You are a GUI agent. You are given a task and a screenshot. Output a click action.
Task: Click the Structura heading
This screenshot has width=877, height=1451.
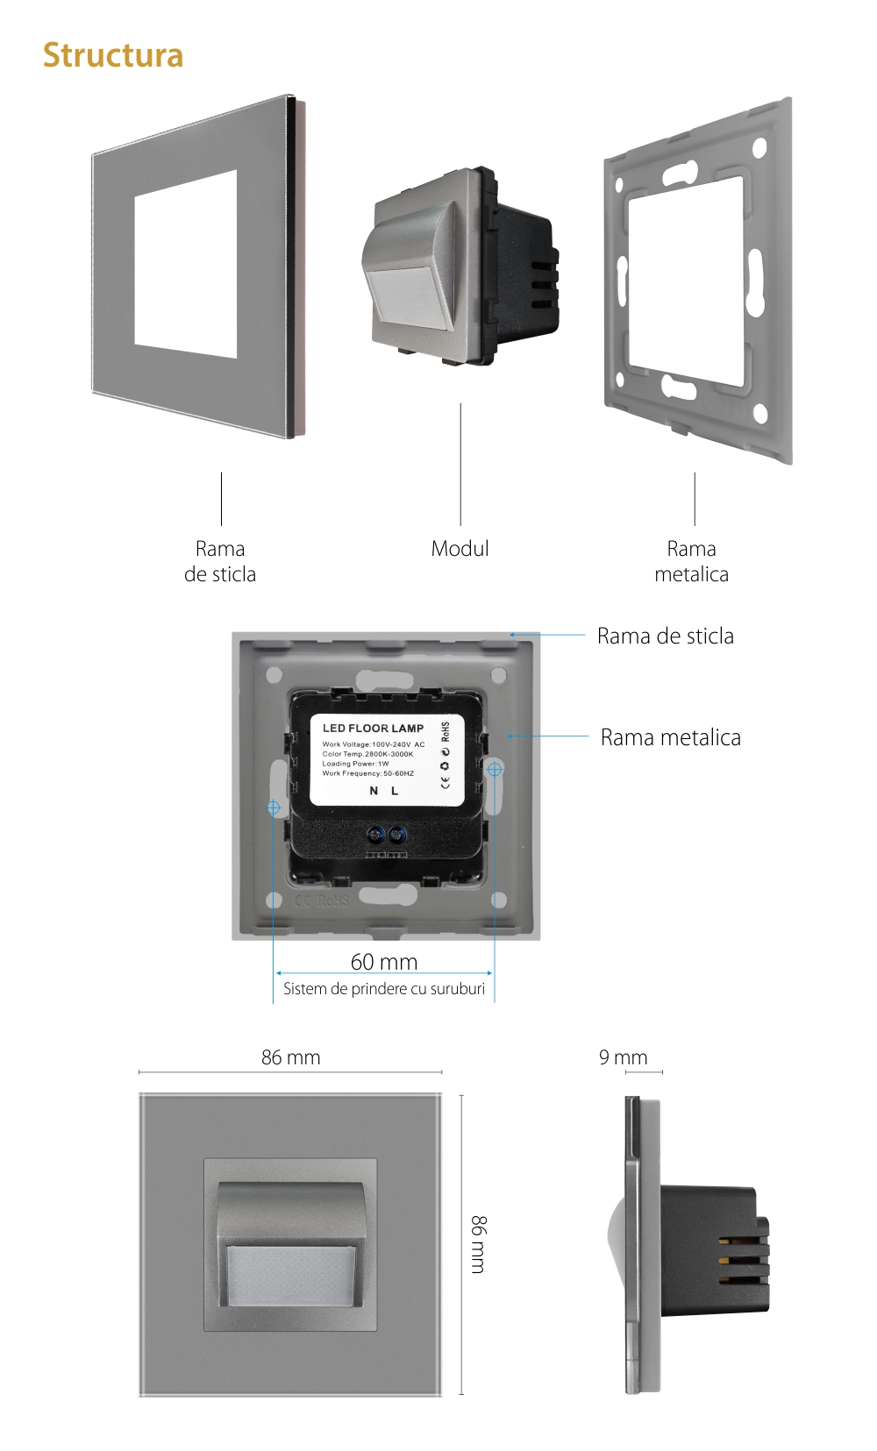click(x=113, y=55)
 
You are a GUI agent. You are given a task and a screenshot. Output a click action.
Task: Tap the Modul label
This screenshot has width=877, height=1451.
click(x=460, y=549)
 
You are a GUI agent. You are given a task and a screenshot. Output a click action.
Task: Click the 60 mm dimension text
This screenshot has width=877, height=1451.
click(x=384, y=962)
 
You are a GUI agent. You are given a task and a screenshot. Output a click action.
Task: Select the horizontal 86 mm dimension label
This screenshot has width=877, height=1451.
click(x=290, y=1057)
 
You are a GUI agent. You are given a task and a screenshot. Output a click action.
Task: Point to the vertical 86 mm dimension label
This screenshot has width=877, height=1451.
click(x=479, y=1244)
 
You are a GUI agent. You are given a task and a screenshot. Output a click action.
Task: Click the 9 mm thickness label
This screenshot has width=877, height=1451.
click(x=623, y=1057)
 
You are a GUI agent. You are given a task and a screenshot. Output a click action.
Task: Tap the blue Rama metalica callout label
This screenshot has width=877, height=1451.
click(x=670, y=737)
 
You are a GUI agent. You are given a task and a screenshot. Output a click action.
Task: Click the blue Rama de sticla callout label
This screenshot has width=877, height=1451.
click(x=665, y=636)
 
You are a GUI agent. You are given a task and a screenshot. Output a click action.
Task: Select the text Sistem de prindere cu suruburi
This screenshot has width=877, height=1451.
click(x=383, y=989)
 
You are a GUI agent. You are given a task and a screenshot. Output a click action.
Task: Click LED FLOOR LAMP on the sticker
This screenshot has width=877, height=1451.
click(x=373, y=728)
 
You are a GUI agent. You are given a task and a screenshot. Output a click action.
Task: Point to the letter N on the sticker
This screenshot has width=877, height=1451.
click(x=374, y=791)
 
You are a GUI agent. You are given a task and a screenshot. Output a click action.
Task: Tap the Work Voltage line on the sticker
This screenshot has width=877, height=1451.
click(x=373, y=744)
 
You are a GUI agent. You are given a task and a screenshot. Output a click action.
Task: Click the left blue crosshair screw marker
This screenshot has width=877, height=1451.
click(x=274, y=807)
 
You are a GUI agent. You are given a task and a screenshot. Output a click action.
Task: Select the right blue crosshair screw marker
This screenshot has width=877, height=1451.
click(x=495, y=769)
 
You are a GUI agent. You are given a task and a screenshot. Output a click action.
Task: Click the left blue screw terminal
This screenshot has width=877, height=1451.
click(x=377, y=834)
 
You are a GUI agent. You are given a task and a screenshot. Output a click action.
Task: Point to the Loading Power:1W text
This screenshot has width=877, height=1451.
click(x=355, y=764)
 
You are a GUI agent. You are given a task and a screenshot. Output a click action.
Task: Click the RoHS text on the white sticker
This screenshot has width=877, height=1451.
click(x=446, y=732)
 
